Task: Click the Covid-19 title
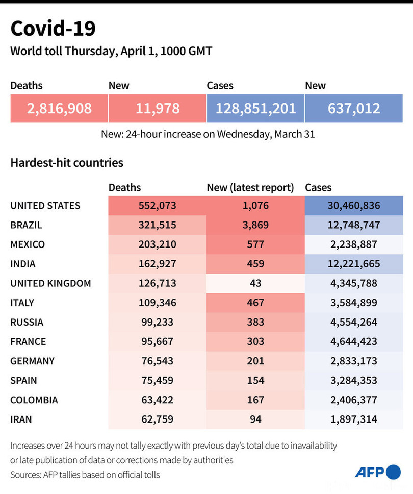click(x=53, y=29)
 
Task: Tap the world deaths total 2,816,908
click(x=59, y=108)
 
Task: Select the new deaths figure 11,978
click(x=158, y=108)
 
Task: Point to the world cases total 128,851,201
click(x=255, y=108)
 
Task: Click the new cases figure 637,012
click(x=354, y=108)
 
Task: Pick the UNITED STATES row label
click(x=45, y=206)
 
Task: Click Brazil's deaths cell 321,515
click(x=157, y=225)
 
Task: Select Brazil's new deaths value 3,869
click(x=255, y=225)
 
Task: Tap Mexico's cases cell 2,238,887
click(x=353, y=244)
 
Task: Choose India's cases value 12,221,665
click(x=353, y=264)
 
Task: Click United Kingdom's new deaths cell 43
click(x=255, y=283)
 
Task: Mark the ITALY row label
click(x=22, y=303)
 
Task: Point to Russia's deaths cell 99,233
click(x=157, y=322)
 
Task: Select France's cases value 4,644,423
click(x=353, y=341)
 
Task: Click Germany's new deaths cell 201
click(x=255, y=361)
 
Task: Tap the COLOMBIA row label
click(x=34, y=400)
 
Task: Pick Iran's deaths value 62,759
click(x=157, y=419)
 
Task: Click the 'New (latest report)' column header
click(x=250, y=188)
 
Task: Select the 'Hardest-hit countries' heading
click(x=67, y=163)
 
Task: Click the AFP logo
click(x=378, y=472)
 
